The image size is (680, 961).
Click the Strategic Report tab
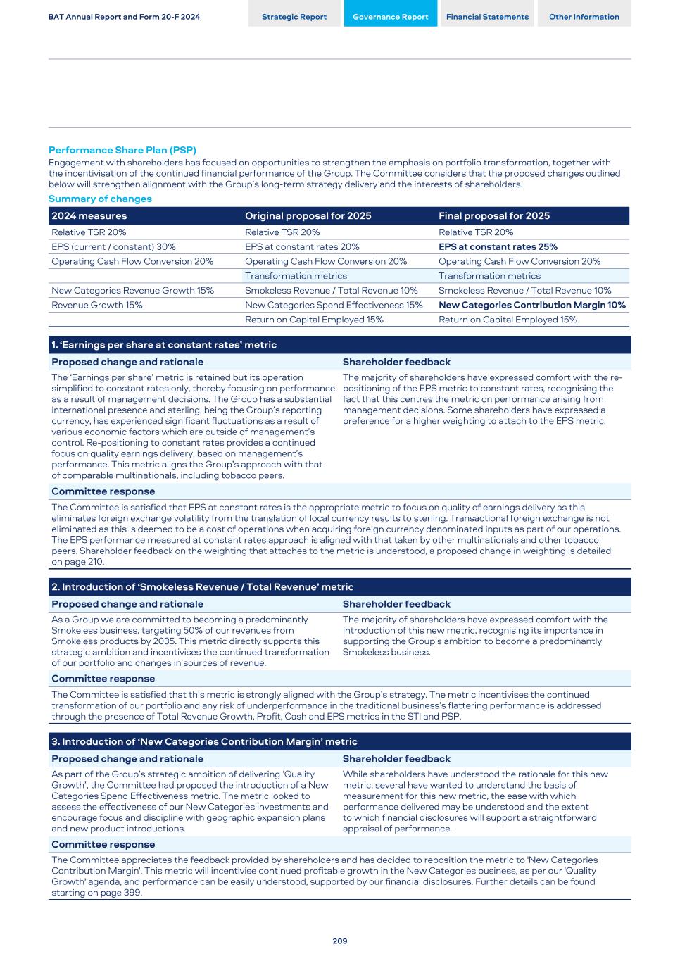point(294,17)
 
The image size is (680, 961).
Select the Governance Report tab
point(390,17)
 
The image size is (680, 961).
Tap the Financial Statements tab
point(487,17)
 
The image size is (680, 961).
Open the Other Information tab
point(584,17)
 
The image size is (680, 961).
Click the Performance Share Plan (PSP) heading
point(122,150)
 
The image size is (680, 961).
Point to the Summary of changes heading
point(100,199)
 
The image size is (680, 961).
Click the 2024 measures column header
point(89,215)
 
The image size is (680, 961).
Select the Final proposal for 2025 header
point(494,215)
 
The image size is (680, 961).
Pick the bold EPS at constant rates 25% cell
point(498,246)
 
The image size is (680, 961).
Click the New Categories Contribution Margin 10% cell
point(532,305)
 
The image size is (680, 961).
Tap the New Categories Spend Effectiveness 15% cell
point(334,305)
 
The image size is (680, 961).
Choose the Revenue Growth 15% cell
point(97,305)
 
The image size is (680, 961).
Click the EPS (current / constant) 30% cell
point(113,246)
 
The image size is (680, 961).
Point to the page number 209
point(340,941)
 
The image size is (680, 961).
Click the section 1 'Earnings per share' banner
point(164,345)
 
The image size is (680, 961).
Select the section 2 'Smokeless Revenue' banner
point(203,587)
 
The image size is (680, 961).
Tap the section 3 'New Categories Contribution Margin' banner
point(204,741)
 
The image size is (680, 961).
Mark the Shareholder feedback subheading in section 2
point(396,604)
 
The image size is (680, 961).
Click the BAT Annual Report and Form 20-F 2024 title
point(124,17)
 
